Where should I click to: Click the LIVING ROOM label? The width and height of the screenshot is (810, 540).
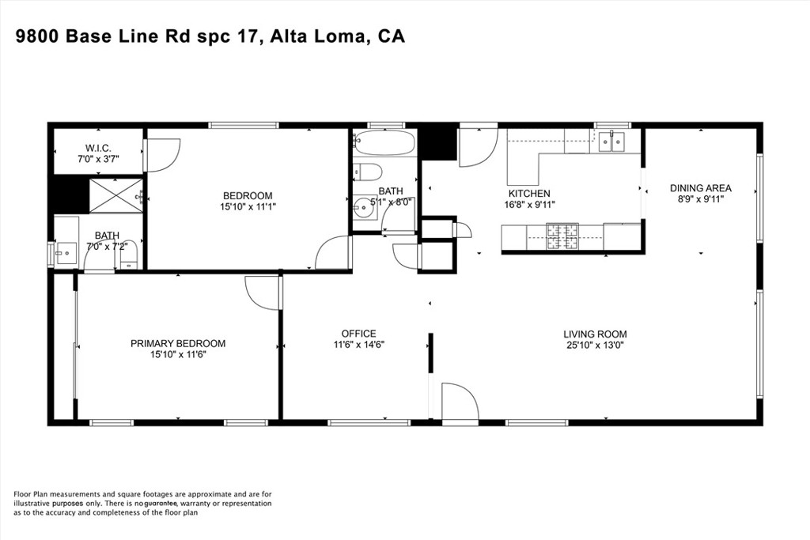(x=595, y=334)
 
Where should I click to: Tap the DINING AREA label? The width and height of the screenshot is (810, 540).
(x=701, y=188)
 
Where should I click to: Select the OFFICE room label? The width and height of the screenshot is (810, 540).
(x=358, y=334)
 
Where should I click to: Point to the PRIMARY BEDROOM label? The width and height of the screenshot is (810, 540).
(x=178, y=343)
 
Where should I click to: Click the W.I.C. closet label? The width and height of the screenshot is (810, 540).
(x=98, y=148)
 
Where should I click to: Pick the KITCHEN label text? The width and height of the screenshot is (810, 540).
(x=529, y=193)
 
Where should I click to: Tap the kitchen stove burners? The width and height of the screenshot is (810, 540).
(x=562, y=236)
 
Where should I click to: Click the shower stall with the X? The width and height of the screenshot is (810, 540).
(x=116, y=195)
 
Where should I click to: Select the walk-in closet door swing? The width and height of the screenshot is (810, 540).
(x=163, y=155)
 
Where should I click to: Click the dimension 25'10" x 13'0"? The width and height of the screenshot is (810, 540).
(x=595, y=346)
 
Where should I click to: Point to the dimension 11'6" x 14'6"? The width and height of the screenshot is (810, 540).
(x=358, y=345)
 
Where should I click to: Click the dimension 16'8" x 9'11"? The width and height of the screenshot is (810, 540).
(x=529, y=205)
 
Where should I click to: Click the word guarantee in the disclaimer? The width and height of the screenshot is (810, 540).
(x=161, y=504)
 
